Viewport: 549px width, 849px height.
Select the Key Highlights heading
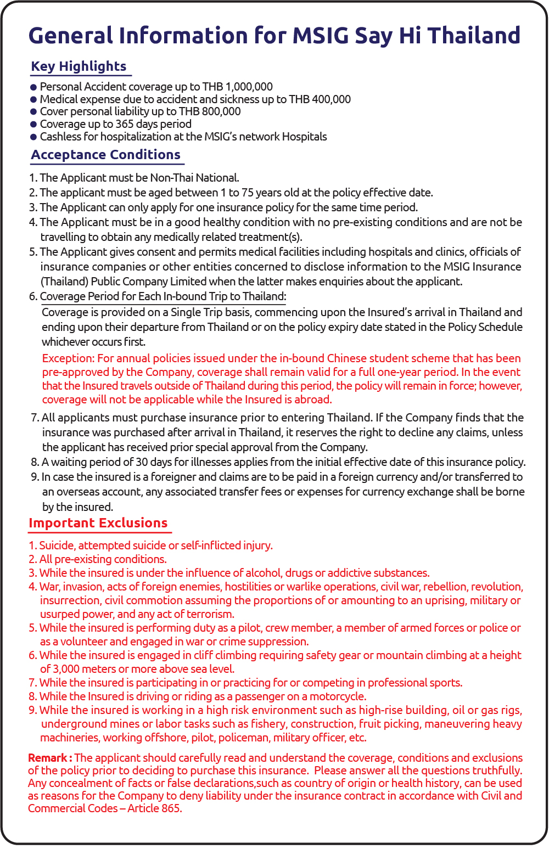[79, 66]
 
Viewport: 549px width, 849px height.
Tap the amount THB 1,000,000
[237, 87]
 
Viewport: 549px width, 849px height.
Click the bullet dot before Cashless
[33, 137]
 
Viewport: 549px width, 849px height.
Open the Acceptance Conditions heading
[105, 155]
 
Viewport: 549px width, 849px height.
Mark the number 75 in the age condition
[248, 193]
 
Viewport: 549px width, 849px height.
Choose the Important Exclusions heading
[98, 523]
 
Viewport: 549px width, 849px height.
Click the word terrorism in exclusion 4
[210, 614]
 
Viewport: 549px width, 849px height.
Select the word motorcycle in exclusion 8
[337, 696]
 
